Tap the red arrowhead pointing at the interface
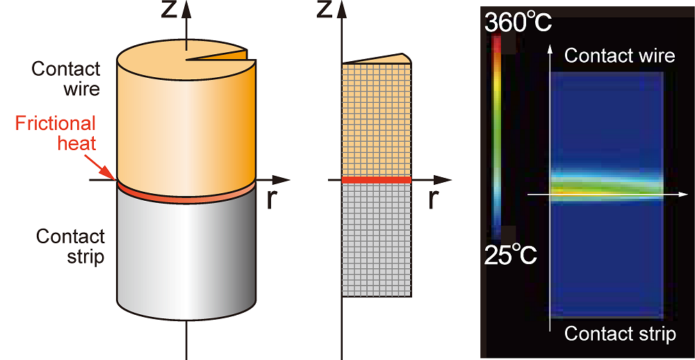(111, 175)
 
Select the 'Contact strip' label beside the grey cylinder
(71, 246)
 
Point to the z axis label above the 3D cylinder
(170, 10)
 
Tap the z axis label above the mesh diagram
(325, 10)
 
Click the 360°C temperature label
(518, 23)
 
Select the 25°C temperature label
(510, 255)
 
